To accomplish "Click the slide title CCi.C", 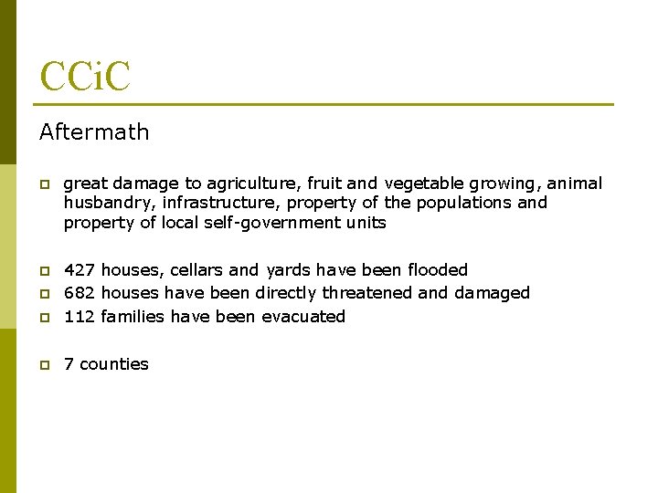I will pos(85,77).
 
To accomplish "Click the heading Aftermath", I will pos(94,132).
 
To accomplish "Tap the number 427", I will pos(80,270).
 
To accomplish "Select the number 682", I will pos(80,293).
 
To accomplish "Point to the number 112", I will pos(80,317).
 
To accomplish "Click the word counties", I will pos(113,364).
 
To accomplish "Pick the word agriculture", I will pos(242,184).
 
